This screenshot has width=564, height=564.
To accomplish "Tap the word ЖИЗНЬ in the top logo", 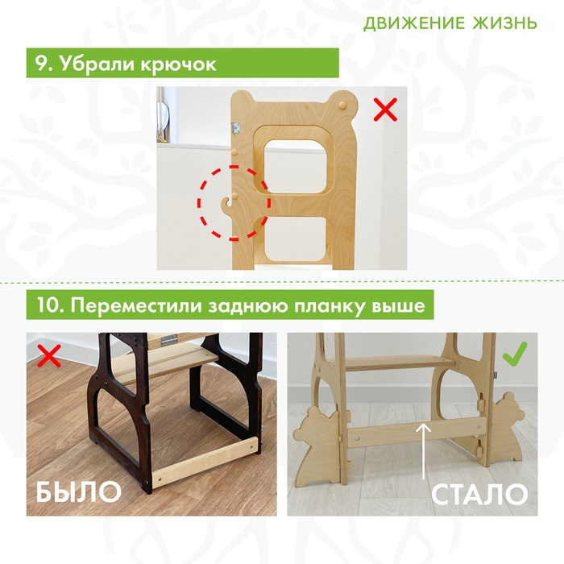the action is [x=504, y=23].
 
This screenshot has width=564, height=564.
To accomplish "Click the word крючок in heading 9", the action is [x=178, y=64].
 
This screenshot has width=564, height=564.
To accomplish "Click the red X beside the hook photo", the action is [x=385, y=109].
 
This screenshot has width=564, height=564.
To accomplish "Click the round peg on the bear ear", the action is [x=342, y=106].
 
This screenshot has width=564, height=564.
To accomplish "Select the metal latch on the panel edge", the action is [x=236, y=127].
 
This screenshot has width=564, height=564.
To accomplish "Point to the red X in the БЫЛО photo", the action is [x=49, y=356].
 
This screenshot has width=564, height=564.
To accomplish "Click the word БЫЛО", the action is [x=79, y=491].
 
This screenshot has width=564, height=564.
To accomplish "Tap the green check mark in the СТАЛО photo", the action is [x=515, y=353].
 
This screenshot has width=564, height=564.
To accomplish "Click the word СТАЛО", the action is [x=479, y=494].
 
